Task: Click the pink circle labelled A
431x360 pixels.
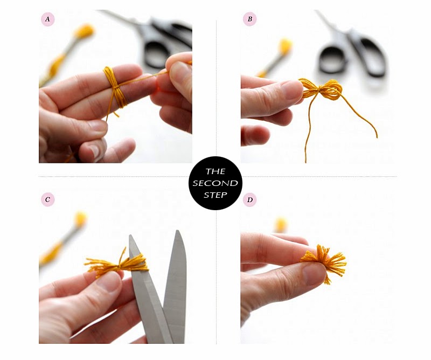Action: (48, 20)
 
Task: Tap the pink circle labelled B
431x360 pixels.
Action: (249, 20)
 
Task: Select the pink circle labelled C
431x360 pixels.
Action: (48, 200)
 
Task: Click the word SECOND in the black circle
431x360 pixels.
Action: (215, 183)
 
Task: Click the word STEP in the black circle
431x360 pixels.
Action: (215, 195)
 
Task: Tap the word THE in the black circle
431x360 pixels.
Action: (215, 172)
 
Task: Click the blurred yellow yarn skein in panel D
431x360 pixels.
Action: (281, 224)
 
